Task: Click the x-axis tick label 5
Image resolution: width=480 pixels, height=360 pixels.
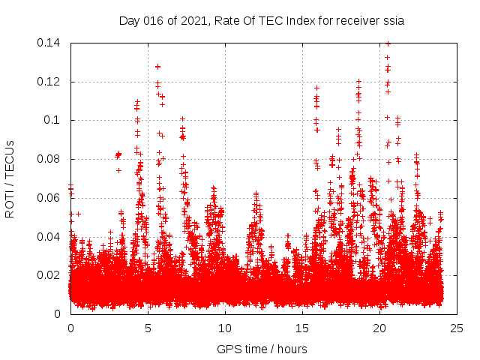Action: [x=148, y=328]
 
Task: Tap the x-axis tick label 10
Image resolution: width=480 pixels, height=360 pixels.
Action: [x=225, y=328]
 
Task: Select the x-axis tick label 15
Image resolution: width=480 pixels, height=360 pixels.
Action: [x=302, y=328]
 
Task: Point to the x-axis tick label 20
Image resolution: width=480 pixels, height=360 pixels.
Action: [x=379, y=328]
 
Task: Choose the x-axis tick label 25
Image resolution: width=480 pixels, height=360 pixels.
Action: [x=457, y=328]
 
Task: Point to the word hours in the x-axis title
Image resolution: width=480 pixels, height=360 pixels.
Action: [x=292, y=349]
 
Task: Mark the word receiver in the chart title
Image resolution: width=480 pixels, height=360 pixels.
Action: [x=354, y=21]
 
